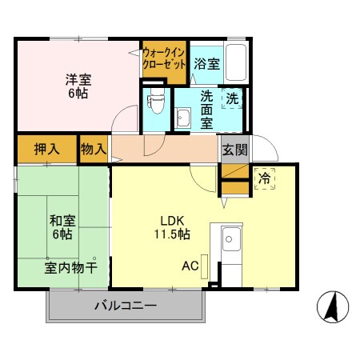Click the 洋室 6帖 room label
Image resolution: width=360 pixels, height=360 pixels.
point(78,86)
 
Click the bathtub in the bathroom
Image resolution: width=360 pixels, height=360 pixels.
point(235,61)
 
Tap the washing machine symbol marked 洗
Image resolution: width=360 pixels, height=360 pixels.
point(231,99)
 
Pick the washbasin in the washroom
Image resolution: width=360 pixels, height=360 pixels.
point(183,118)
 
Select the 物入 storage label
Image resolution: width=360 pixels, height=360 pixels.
point(93,149)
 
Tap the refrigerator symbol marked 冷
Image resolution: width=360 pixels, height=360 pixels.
point(264,178)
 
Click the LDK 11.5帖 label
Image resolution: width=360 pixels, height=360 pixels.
point(174,227)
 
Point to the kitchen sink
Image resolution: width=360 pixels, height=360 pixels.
point(231,238)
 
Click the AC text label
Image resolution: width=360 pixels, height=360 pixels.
point(190,266)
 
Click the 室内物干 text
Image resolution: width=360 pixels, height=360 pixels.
point(70,267)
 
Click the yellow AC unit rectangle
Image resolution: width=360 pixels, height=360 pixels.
point(205,266)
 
